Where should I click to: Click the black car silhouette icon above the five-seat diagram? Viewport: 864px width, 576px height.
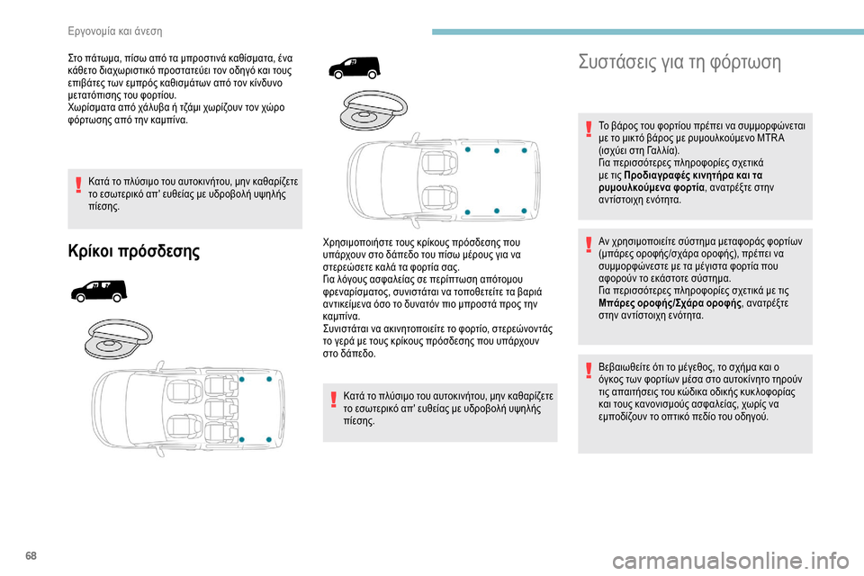pyautogui.click(x=98, y=290)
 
